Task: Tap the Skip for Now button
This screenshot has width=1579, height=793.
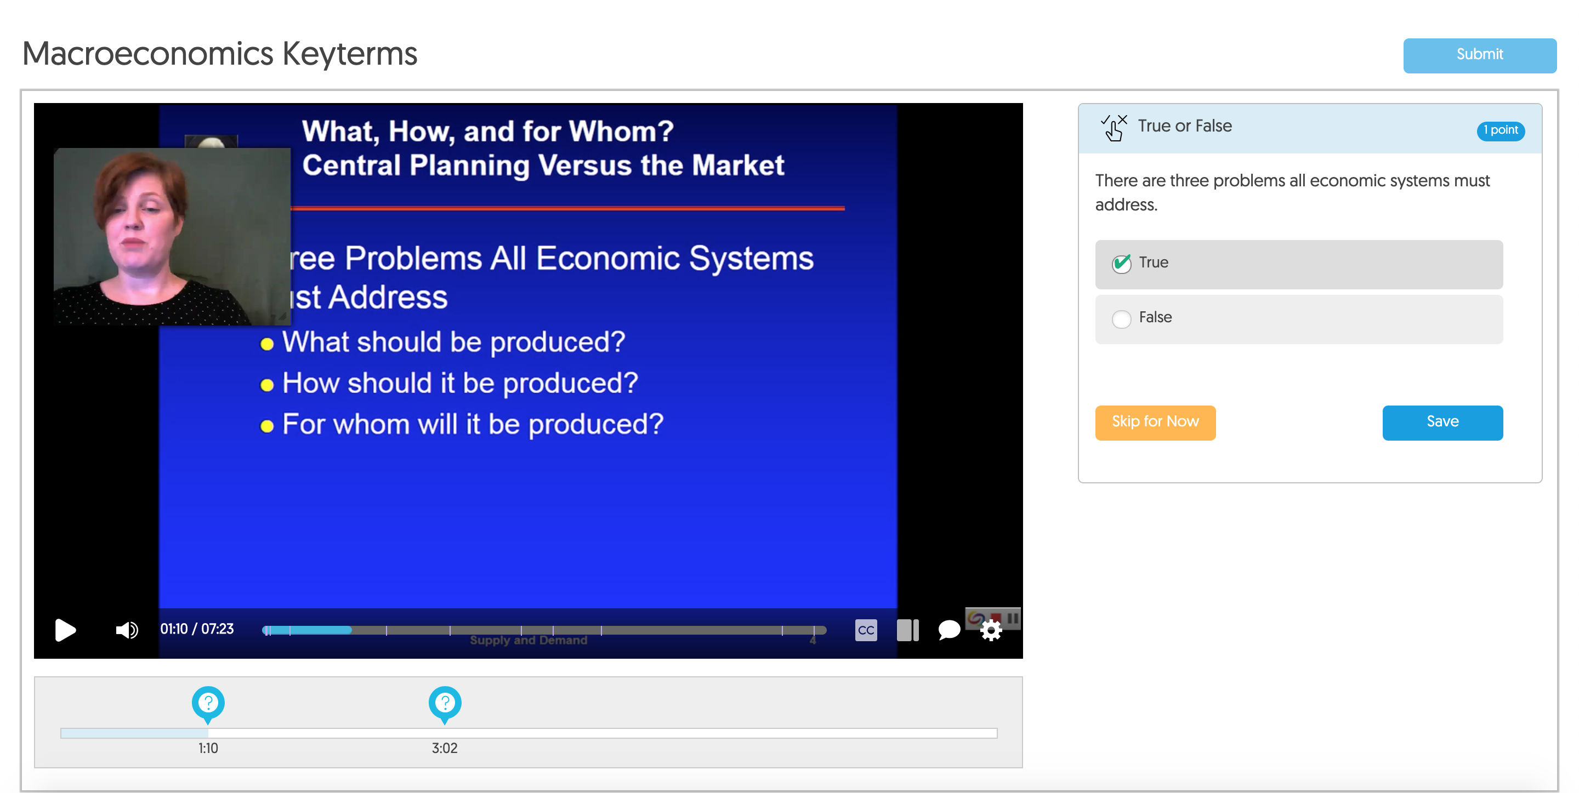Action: (1155, 422)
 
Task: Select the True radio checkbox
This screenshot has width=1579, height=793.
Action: (1121, 264)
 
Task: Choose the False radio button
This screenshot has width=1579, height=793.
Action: (1121, 318)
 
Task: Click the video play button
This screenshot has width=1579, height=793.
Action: (65, 629)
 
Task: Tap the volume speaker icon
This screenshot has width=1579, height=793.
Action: (126, 629)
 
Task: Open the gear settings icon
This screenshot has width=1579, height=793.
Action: (991, 630)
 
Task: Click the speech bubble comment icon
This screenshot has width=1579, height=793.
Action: (949, 629)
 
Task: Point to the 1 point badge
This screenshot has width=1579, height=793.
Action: (1500, 130)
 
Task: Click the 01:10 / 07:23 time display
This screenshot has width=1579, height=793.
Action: (197, 629)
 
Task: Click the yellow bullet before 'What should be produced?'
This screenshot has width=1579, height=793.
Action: (266, 344)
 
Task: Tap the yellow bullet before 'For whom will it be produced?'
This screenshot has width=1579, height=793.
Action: (266, 426)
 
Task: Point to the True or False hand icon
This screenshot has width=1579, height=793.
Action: (1114, 128)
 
